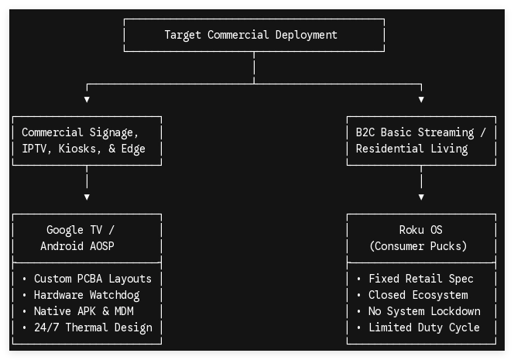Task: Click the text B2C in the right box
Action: pos(365,132)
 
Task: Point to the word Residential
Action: pos(389,149)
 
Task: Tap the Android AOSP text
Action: pos(77,246)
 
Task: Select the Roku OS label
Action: pos(420,230)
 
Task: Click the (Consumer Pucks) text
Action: pos(418,246)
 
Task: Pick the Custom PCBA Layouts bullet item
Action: pos(93,279)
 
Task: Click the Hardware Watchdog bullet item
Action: pos(87,295)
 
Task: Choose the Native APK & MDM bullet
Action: pos(84,311)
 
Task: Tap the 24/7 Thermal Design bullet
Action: pos(93,327)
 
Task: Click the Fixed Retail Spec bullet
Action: pos(421,279)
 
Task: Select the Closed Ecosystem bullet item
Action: pos(418,295)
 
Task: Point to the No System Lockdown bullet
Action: pos(424,311)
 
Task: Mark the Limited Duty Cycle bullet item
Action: pos(424,327)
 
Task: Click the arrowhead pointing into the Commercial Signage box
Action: pos(87,99)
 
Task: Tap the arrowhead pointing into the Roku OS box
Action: pos(421,197)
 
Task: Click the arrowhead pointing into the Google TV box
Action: pos(87,197)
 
